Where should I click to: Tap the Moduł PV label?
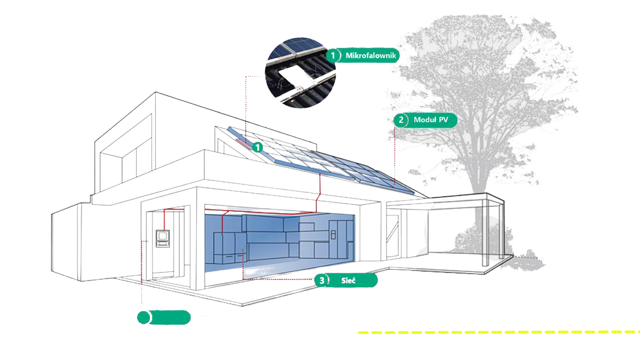(430, 120)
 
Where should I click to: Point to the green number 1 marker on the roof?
(258, 147)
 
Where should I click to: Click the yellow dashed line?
(496, 332)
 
